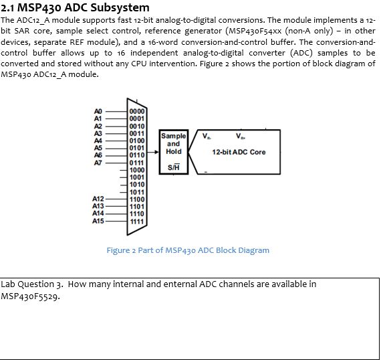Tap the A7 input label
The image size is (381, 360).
coord(98,163)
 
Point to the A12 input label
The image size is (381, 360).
coord(98,199)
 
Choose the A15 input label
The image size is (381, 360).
coord(98,221)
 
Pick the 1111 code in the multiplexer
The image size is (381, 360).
coord(136,221)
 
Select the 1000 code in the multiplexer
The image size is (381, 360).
coord(136,170)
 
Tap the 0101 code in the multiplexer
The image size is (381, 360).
coord(136,148)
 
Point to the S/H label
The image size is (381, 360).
coord(173,167)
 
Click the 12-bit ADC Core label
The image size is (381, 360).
coord(239,153)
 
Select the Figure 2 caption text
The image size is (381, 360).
coord(188,250)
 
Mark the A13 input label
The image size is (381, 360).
coord(98,207)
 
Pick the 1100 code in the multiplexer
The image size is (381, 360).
coord(136,199)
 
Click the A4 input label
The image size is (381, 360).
coord(98,141)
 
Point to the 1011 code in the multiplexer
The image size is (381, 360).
coord(136,192)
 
